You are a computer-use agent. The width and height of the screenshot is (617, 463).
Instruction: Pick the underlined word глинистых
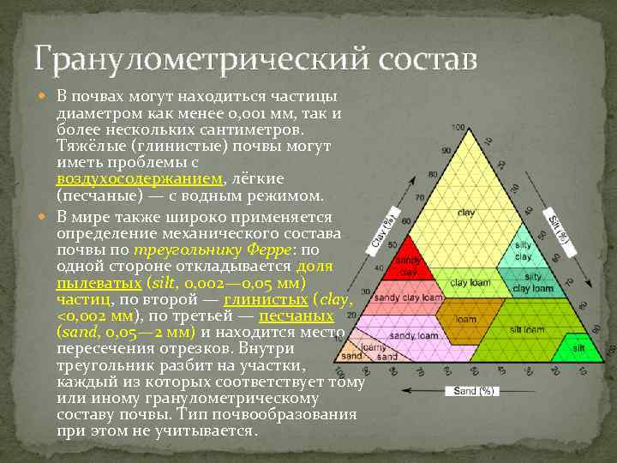[266, 298]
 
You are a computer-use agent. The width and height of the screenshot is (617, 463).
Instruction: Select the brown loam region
[467, 321]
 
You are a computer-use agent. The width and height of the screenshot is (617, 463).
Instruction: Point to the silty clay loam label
[532, 280]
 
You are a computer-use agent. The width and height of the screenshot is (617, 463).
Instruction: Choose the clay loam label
[470, 282]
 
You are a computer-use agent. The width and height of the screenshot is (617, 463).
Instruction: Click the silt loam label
[527, 328]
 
